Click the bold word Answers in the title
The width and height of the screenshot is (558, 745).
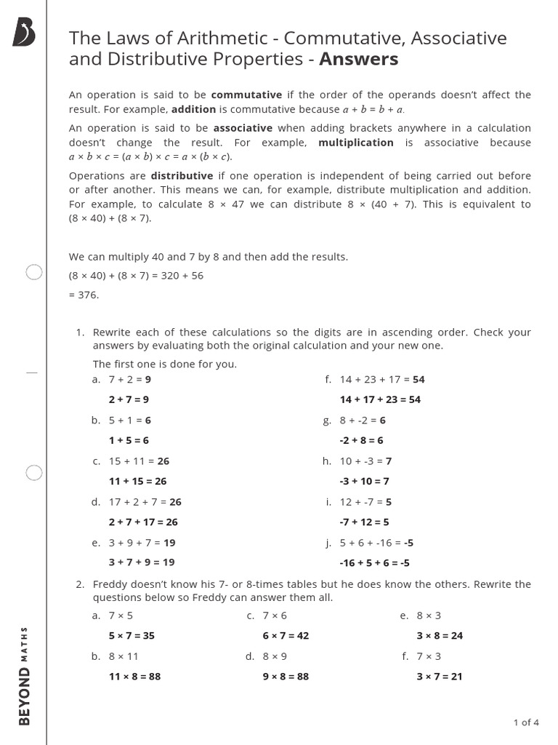360,59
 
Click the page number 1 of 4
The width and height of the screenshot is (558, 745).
525,722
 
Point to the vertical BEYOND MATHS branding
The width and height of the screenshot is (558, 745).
24,675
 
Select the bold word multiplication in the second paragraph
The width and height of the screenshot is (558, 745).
355,143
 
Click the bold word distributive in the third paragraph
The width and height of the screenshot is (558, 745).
182,176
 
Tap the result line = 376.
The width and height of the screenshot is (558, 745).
84,295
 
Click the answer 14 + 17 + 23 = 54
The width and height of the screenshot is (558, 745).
380,399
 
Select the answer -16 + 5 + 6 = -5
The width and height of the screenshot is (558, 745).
374,562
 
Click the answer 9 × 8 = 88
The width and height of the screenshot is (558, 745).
286,676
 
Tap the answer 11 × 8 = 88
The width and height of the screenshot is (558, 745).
134,676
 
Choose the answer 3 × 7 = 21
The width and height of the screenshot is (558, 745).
439,676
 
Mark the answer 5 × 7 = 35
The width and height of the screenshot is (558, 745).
132,635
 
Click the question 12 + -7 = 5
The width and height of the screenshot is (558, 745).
365,501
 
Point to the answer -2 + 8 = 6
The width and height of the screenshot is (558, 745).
361,440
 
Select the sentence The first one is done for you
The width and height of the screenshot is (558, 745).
164,364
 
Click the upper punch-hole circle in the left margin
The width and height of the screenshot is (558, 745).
34,273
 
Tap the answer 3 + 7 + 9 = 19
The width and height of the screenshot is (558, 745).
142,562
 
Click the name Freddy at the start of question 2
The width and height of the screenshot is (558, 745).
110,584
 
